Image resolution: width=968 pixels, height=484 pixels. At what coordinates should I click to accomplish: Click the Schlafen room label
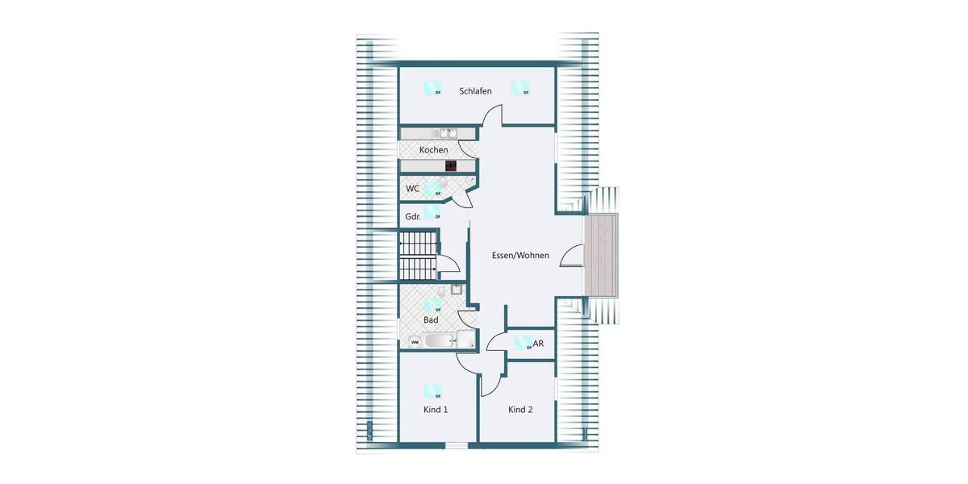click(475, 91)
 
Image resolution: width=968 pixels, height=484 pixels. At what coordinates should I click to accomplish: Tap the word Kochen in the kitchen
click(433, 150)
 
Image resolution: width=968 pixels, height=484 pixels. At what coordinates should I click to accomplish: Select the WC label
click(412, 189)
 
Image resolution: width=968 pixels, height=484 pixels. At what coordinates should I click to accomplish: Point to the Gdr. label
click(412, 216)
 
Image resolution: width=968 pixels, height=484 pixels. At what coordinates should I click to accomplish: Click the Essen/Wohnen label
click(520, 256)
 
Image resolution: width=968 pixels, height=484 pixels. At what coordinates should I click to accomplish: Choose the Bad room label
click(431, 320)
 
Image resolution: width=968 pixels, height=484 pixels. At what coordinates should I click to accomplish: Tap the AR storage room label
click(538, 344)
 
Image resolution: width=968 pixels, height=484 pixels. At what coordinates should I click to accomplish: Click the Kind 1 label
click(436, 410)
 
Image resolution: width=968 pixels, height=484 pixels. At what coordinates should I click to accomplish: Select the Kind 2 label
click(520, 410)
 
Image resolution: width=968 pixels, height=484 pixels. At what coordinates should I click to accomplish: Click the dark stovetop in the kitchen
click(451, 166)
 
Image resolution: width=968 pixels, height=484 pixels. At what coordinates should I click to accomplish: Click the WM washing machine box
click(415, 342)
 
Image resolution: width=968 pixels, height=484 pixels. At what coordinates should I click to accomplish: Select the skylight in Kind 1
click(433, 392)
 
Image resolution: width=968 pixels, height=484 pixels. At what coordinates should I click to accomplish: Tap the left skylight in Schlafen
click(433, 88)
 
